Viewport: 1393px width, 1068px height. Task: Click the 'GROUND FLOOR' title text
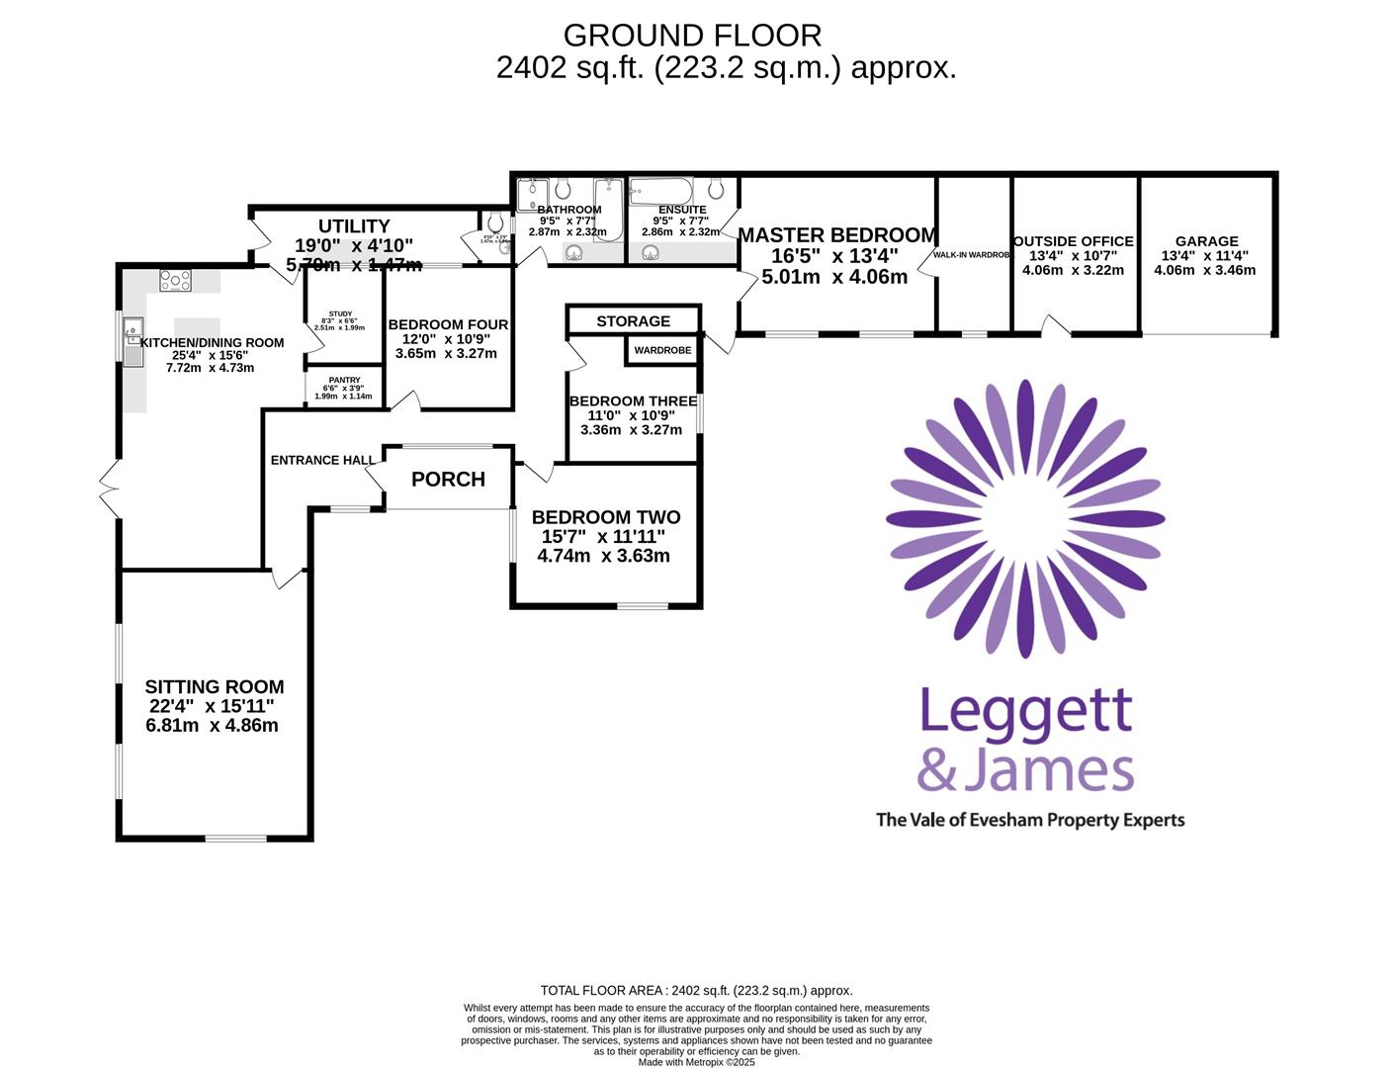pos(692,36)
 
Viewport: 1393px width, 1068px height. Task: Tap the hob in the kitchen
pos(175,281)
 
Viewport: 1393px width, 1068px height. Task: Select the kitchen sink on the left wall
pos(132,340)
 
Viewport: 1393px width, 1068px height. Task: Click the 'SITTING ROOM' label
pos(215,686)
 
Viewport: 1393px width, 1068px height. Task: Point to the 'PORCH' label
pos(448,480)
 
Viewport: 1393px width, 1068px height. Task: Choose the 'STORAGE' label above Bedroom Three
pos(633,321)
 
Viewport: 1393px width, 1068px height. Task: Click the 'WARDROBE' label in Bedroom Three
pos(662,350)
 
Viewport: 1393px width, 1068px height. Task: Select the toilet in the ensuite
pos(716,189)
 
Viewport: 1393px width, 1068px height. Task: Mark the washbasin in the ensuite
pos(651,253)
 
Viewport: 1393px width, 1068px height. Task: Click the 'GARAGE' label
pos(1206,241)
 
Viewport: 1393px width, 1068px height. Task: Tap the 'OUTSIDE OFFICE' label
pos(1073,241)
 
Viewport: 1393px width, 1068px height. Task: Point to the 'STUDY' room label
pos(340,313)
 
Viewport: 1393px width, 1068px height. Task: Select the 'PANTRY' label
pos(344,380)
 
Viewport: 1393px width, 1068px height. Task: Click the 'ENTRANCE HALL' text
pos(322,460)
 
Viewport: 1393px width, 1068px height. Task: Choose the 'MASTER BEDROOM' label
pos(836,235)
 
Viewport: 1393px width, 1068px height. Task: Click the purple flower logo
pos(1025,518)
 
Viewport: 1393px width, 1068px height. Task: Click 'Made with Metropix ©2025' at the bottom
pos(696,1062)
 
